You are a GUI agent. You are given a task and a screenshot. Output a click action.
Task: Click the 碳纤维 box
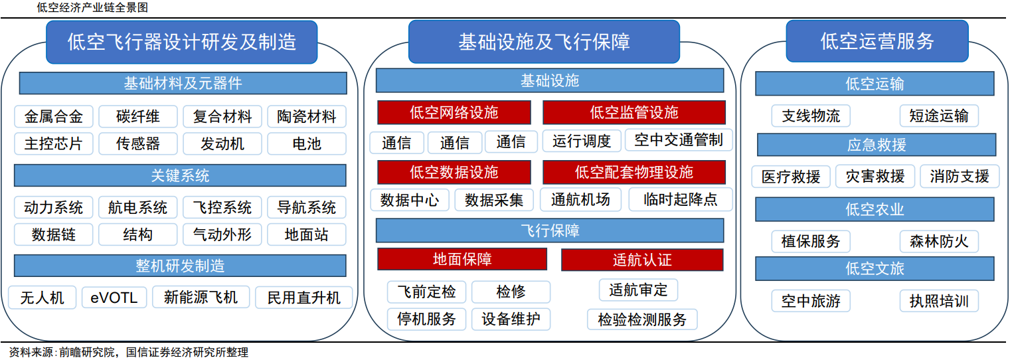[138, 117]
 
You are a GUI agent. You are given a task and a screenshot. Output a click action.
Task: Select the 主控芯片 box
[54, 143]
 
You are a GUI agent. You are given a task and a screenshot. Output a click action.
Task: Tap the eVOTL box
[114, 298]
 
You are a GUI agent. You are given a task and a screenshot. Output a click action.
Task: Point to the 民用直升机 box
[303, 298]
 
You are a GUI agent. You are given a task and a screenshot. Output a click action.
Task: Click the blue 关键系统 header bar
[180, 175]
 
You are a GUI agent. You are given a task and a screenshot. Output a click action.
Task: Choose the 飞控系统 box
[222, 207]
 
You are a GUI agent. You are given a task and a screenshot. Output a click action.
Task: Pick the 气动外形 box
[222, 234]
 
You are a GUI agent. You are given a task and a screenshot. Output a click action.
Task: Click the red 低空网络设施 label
[454, 112]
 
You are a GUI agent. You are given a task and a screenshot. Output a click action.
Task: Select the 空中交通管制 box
[678, 140]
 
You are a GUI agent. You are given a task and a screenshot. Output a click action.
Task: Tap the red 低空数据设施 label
[454, 172]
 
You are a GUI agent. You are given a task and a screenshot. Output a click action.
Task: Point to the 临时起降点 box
[681, 199]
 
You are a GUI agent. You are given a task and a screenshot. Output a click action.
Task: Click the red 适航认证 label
[642, 259]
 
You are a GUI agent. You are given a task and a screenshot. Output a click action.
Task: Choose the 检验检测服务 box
[642, 319]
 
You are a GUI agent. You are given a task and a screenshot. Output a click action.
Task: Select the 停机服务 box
[427, 319]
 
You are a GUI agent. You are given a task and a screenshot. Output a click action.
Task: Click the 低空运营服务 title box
[877, 41]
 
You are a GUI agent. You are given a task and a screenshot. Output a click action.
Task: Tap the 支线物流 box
[811, 116]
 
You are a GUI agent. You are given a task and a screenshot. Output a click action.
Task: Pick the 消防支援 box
[960, 176]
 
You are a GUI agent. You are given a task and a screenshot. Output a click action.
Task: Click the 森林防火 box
[939, 241]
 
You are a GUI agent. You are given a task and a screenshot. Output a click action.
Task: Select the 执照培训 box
[939, 301]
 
